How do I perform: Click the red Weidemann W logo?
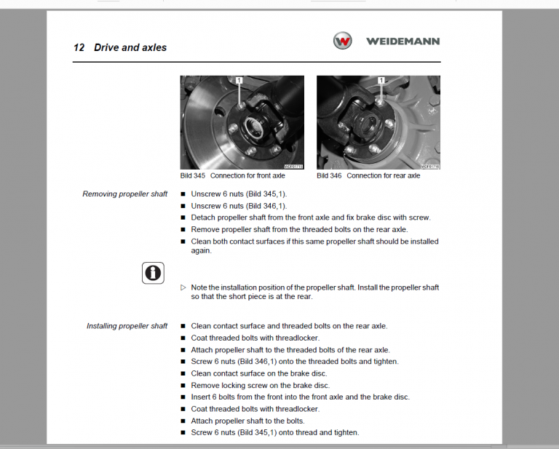[342, 41]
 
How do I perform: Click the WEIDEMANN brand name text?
[403, 41]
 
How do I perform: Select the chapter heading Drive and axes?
[130, 48]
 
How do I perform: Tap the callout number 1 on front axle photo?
[238, 80]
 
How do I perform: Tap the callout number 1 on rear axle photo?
[381, 80]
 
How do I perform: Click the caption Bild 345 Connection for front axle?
[233, 176]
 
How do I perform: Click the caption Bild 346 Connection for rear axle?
[368, 176]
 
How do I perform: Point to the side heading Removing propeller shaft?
[124, 194]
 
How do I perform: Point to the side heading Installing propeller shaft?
[127, 326]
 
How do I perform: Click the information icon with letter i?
[152, 273]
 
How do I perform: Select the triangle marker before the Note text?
[183, 287]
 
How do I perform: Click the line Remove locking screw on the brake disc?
[260, 386]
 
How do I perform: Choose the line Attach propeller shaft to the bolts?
[247, 421]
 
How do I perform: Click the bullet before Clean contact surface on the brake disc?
[183, 374]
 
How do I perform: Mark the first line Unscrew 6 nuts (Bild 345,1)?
[239, 194]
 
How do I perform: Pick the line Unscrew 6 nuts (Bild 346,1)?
[239, 206]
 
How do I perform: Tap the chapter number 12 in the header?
[79, 48]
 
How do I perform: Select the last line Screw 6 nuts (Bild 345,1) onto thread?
[274, 432]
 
